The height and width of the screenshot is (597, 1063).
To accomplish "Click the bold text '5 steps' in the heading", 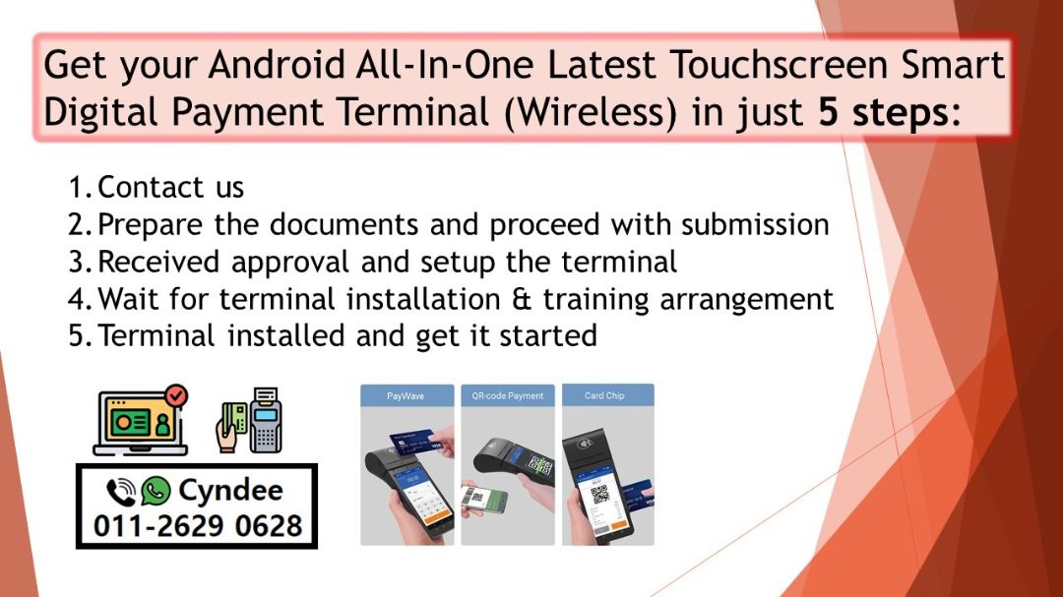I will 882,112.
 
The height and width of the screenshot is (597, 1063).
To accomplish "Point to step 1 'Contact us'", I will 170,187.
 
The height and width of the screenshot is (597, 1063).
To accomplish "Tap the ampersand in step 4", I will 518,298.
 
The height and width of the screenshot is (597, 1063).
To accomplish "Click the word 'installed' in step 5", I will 288,335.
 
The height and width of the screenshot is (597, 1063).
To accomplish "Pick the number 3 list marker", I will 79,262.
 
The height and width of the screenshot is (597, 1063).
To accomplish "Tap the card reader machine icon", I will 264,420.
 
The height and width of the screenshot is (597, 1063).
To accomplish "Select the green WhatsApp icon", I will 156,490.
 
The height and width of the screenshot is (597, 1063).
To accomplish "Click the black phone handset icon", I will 121,491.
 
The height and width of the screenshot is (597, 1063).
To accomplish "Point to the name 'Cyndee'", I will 230,490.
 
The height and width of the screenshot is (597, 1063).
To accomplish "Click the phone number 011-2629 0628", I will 197,525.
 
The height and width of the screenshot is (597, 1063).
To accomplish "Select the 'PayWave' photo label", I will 406,395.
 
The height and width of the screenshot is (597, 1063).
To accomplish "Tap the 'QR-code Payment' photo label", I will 507,395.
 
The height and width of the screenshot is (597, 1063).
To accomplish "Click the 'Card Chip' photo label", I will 604,395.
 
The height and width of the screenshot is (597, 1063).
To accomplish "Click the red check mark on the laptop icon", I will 176,395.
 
